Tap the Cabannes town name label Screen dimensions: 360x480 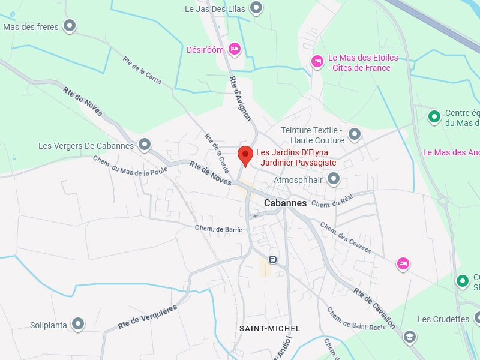pyautogui.click(x=285, y=203)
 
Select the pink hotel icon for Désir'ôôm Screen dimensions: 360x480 pyautogui.click(x=235, y=49)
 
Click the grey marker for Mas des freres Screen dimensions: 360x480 pyautogui.click(x=70, y=26)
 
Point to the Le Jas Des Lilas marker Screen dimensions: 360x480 pyautogui.click(x=256, y=8)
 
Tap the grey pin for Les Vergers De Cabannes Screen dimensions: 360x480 pyautogui.click(x=145, y=144)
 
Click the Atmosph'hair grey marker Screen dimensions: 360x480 pyautogui.click(x=334, y=178)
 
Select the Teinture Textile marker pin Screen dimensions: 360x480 pyautogui.click(x=355, y=134)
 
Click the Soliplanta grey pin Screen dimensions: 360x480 pyautogui.click(x=77, y=324)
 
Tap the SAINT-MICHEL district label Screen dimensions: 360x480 pyautogui.click(x=269, y=329)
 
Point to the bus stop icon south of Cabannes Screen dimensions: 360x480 pyautogui.click(x=273, y=259)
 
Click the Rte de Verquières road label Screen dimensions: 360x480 pyautogui.click(x=148, y=316)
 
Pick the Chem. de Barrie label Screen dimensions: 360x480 pyautogui.click(x=218, y=229)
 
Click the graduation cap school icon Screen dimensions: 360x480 pyautogui.click(x=410, y=336)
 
